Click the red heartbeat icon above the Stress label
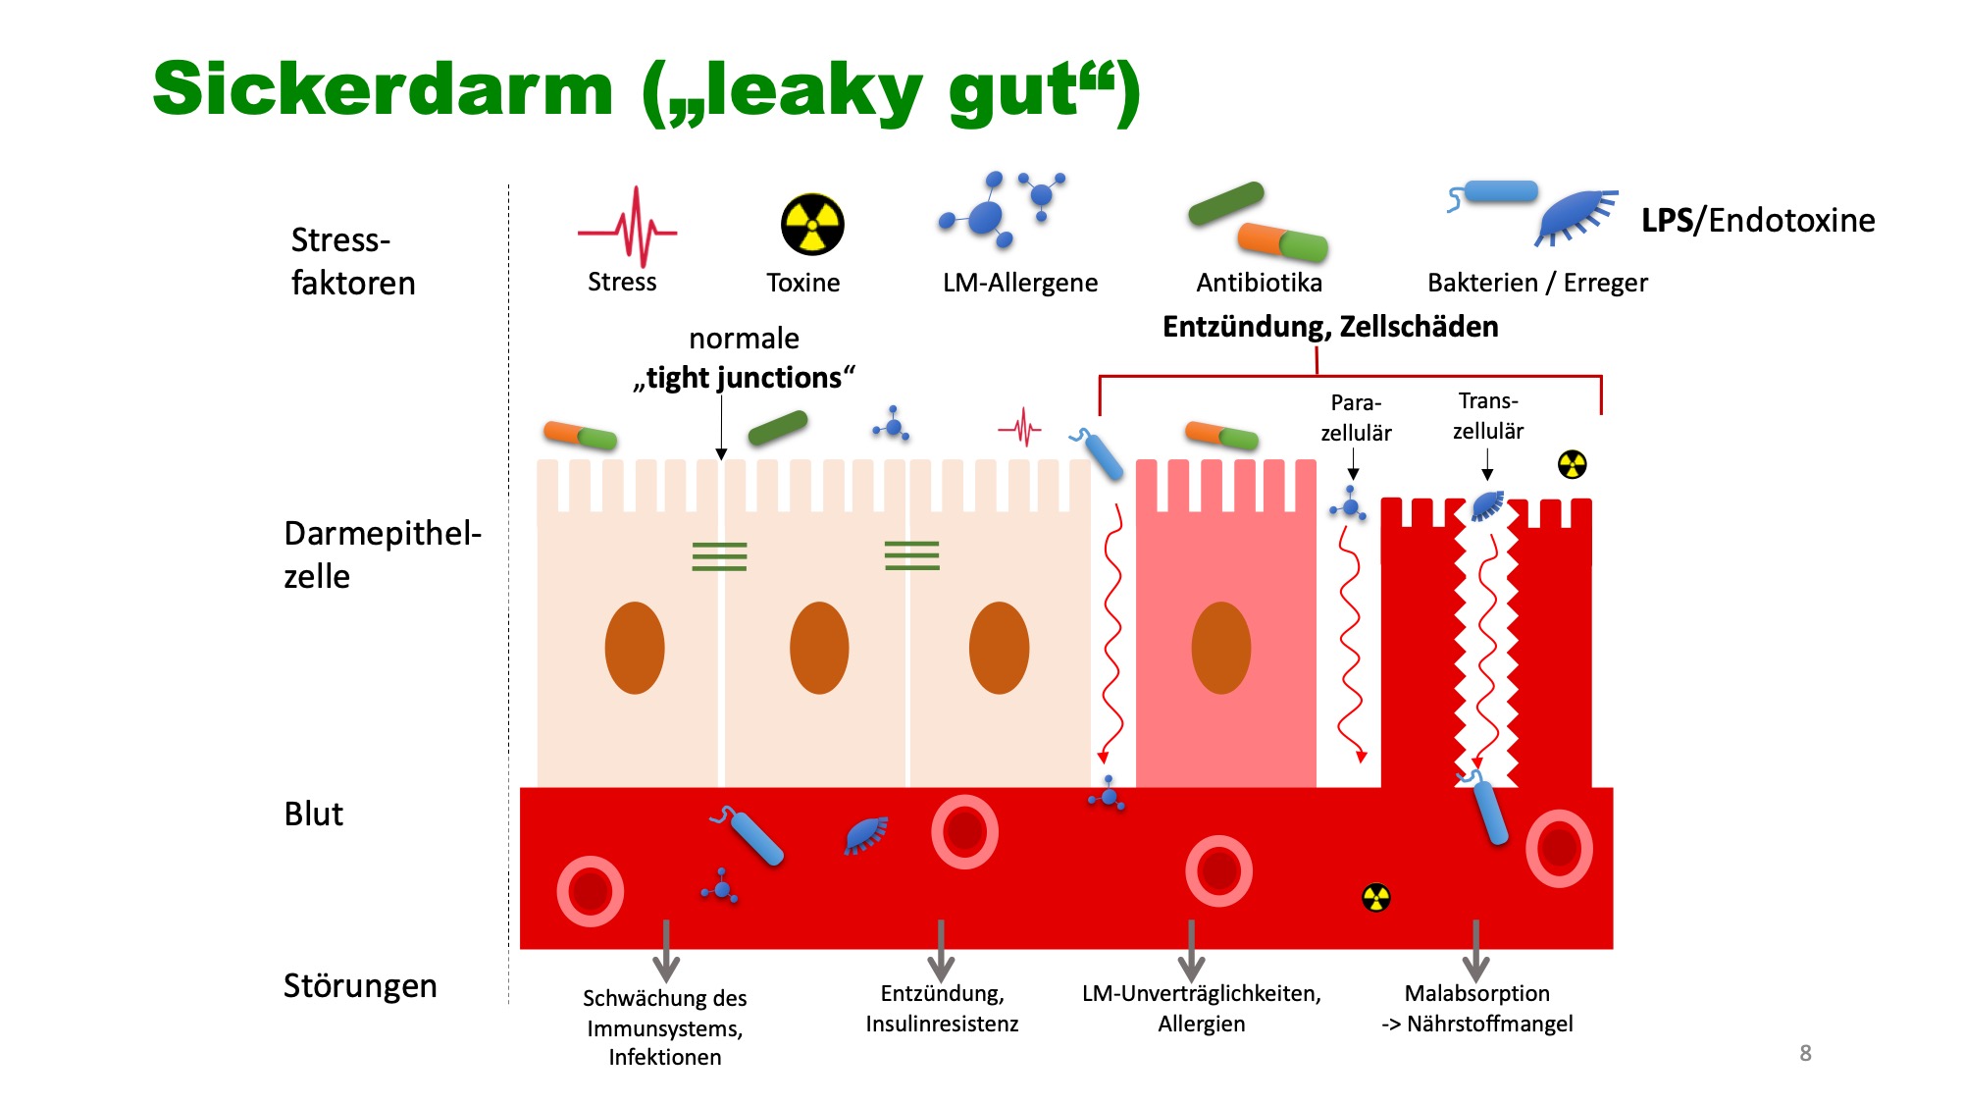coord(628,228)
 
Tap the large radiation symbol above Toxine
coord(812,224)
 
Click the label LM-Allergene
coord(1020,283)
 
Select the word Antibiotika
coord(1259,283)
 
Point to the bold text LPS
coord(1668,220)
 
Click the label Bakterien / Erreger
coord(1537,283)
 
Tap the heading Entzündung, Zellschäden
coord(1330,327)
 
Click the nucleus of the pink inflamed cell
coord(1221,648)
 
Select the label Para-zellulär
coord(1356,417)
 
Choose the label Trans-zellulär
coord(1488,415)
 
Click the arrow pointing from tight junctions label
coord(721,427)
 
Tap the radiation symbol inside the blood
coord(1376,897)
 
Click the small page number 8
coord(1805,1053)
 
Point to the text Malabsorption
coord(1476,993)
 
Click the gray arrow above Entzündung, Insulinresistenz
coord(941,951)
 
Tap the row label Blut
coord(313,814)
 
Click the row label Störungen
coord(360,985)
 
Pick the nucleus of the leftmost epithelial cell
coord(635,648)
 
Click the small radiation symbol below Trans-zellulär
coord(1573,464)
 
